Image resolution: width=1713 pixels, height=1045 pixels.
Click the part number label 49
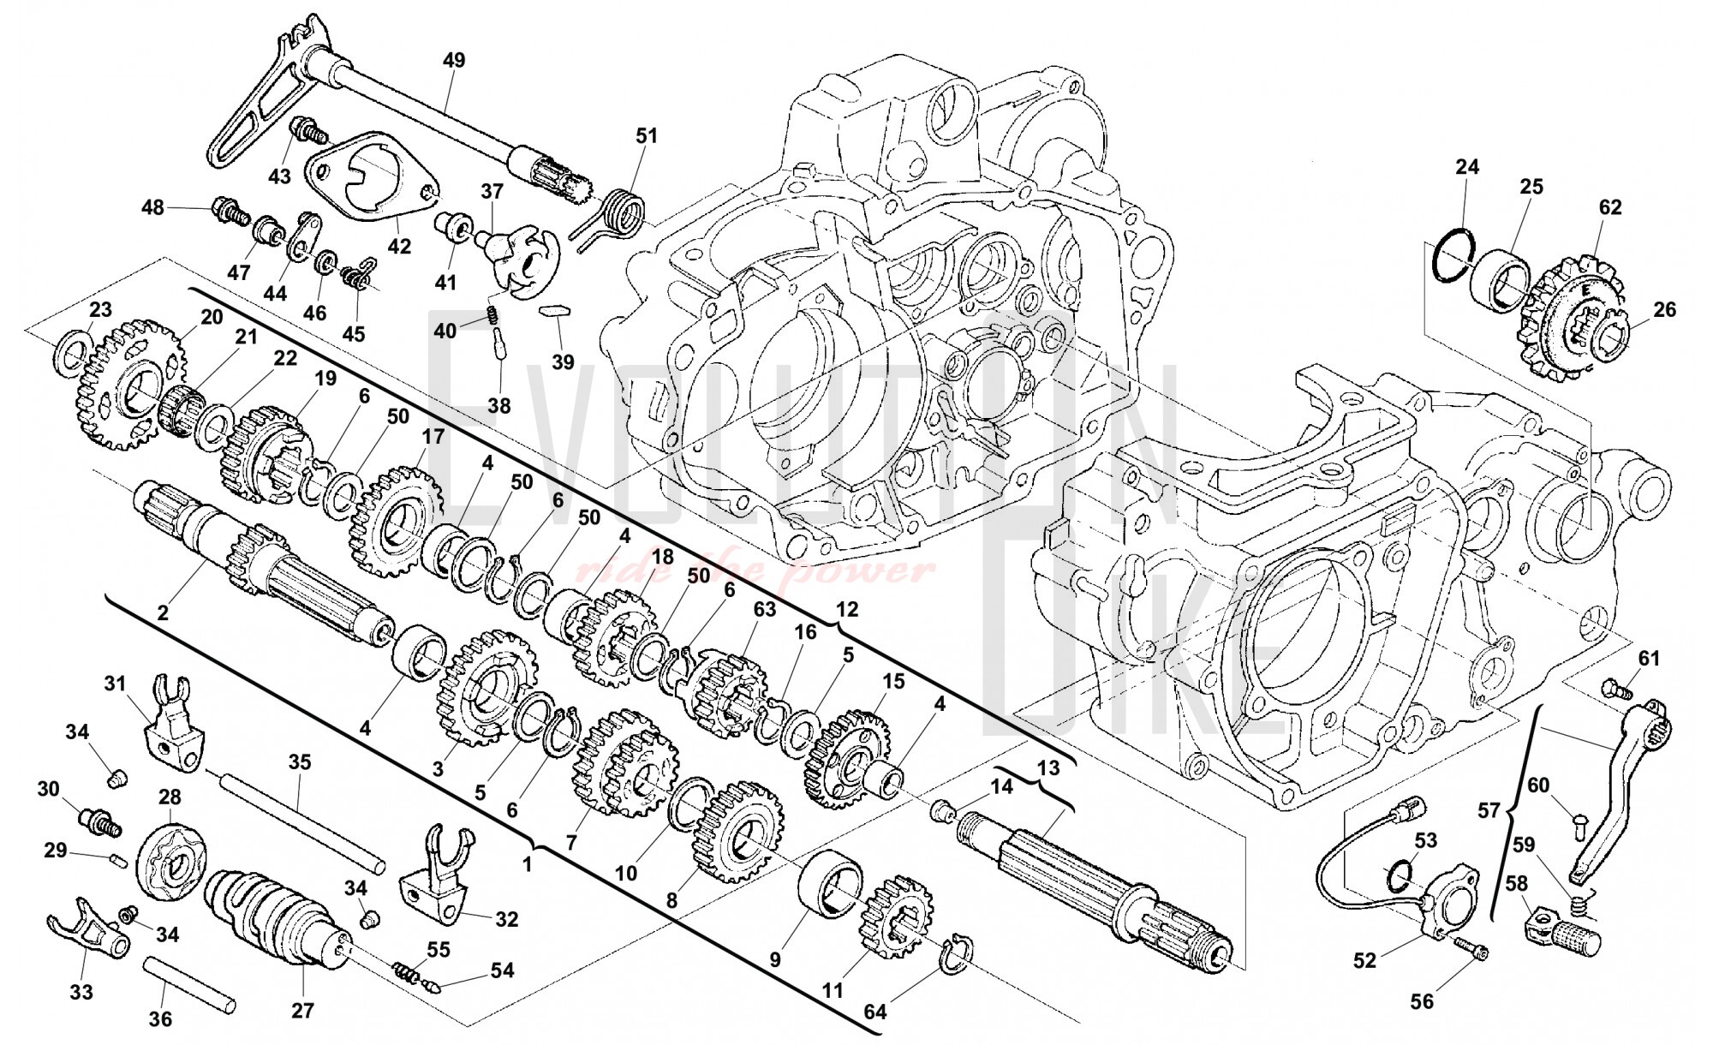click(454, 60)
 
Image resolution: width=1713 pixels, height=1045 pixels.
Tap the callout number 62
click(1610, 207)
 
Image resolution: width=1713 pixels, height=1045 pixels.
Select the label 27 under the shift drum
click(302, 1010)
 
